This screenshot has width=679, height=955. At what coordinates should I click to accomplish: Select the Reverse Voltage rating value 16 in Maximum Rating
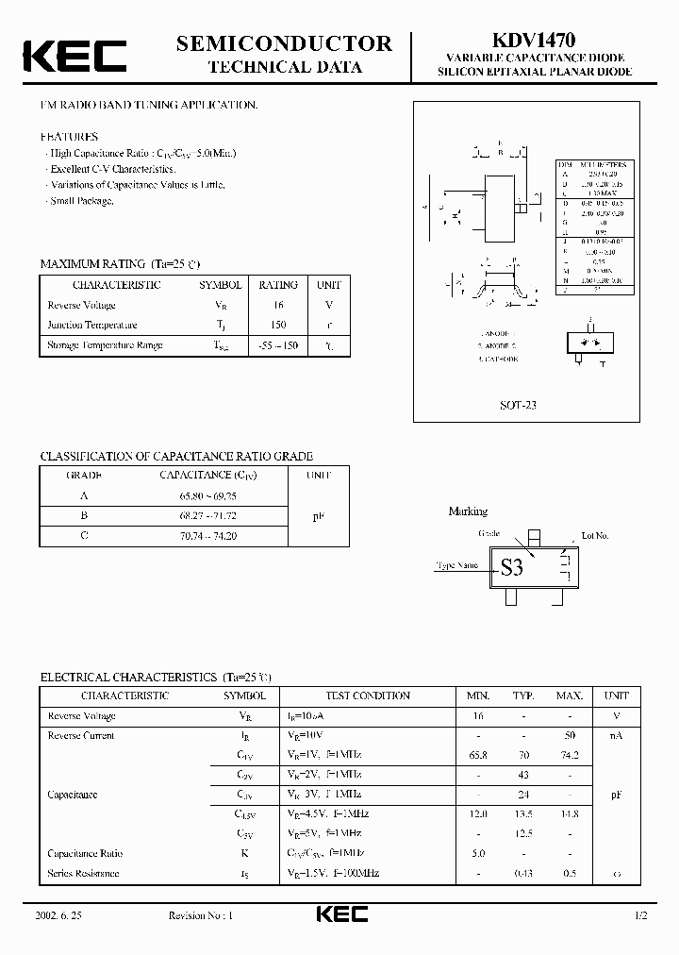[278, 305]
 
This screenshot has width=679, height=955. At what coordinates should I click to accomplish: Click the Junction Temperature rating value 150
[278, 325]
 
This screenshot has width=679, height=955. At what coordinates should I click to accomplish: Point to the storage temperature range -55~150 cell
[277, 345]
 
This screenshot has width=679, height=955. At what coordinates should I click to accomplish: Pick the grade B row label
[84, 515]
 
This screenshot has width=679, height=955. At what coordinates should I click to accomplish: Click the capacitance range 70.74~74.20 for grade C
[209, 535]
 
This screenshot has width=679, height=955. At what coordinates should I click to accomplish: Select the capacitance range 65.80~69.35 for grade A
[209, 494]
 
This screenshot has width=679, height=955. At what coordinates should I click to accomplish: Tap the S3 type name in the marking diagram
[511, 567]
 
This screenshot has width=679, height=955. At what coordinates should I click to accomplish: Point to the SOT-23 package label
[518, 404]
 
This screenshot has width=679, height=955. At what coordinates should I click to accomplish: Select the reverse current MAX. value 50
[569, 735]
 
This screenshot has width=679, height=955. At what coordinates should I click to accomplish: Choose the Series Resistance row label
[83, 873]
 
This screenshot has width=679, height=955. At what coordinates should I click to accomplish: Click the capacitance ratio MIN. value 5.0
[477, 853]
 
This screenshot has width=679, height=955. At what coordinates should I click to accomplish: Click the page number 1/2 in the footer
[640, 915]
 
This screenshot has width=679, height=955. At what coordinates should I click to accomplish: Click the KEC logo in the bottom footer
[340, 914]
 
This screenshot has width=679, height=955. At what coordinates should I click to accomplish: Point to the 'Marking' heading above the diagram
[468, 511]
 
